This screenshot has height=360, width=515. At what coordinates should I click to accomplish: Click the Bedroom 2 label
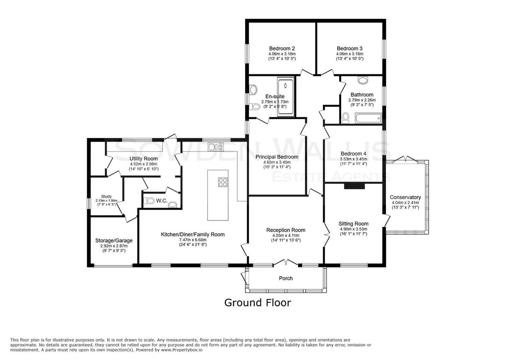click(282, 48)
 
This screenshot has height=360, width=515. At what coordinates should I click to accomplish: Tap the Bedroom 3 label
click(349, 48)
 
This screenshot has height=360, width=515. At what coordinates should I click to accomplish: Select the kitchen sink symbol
click(215, 146)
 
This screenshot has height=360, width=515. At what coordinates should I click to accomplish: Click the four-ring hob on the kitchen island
click(223, 182)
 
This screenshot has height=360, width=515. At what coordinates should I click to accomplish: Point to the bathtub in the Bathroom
click(368, 118)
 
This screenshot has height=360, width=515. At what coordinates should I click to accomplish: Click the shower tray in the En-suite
click(285, 97)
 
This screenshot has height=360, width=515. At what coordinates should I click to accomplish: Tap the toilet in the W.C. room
click(149, 201)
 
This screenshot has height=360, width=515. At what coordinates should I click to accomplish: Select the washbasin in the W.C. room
click(173, 205)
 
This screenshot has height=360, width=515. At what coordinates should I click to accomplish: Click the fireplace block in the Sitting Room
click(354, 186)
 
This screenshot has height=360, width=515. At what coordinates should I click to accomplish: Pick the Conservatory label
click(405, 197)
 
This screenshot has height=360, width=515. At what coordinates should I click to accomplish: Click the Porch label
click(286, 278)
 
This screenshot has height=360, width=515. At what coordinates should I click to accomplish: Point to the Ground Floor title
click(257, 303)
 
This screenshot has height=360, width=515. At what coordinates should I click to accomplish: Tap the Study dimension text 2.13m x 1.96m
click(106, 200)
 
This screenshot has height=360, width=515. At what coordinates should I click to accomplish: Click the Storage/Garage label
click(114, 240)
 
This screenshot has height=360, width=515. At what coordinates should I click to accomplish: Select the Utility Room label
click(143, 159)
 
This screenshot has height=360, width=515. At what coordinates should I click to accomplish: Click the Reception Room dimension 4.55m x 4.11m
click(286, 236)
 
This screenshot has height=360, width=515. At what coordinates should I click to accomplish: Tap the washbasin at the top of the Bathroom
click(363, 80)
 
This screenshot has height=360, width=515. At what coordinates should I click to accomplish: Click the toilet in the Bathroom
click(345, 118)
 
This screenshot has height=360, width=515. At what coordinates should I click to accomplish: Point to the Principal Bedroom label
click(277, 157)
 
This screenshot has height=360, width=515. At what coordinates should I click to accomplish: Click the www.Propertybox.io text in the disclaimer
click(182, 350)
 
